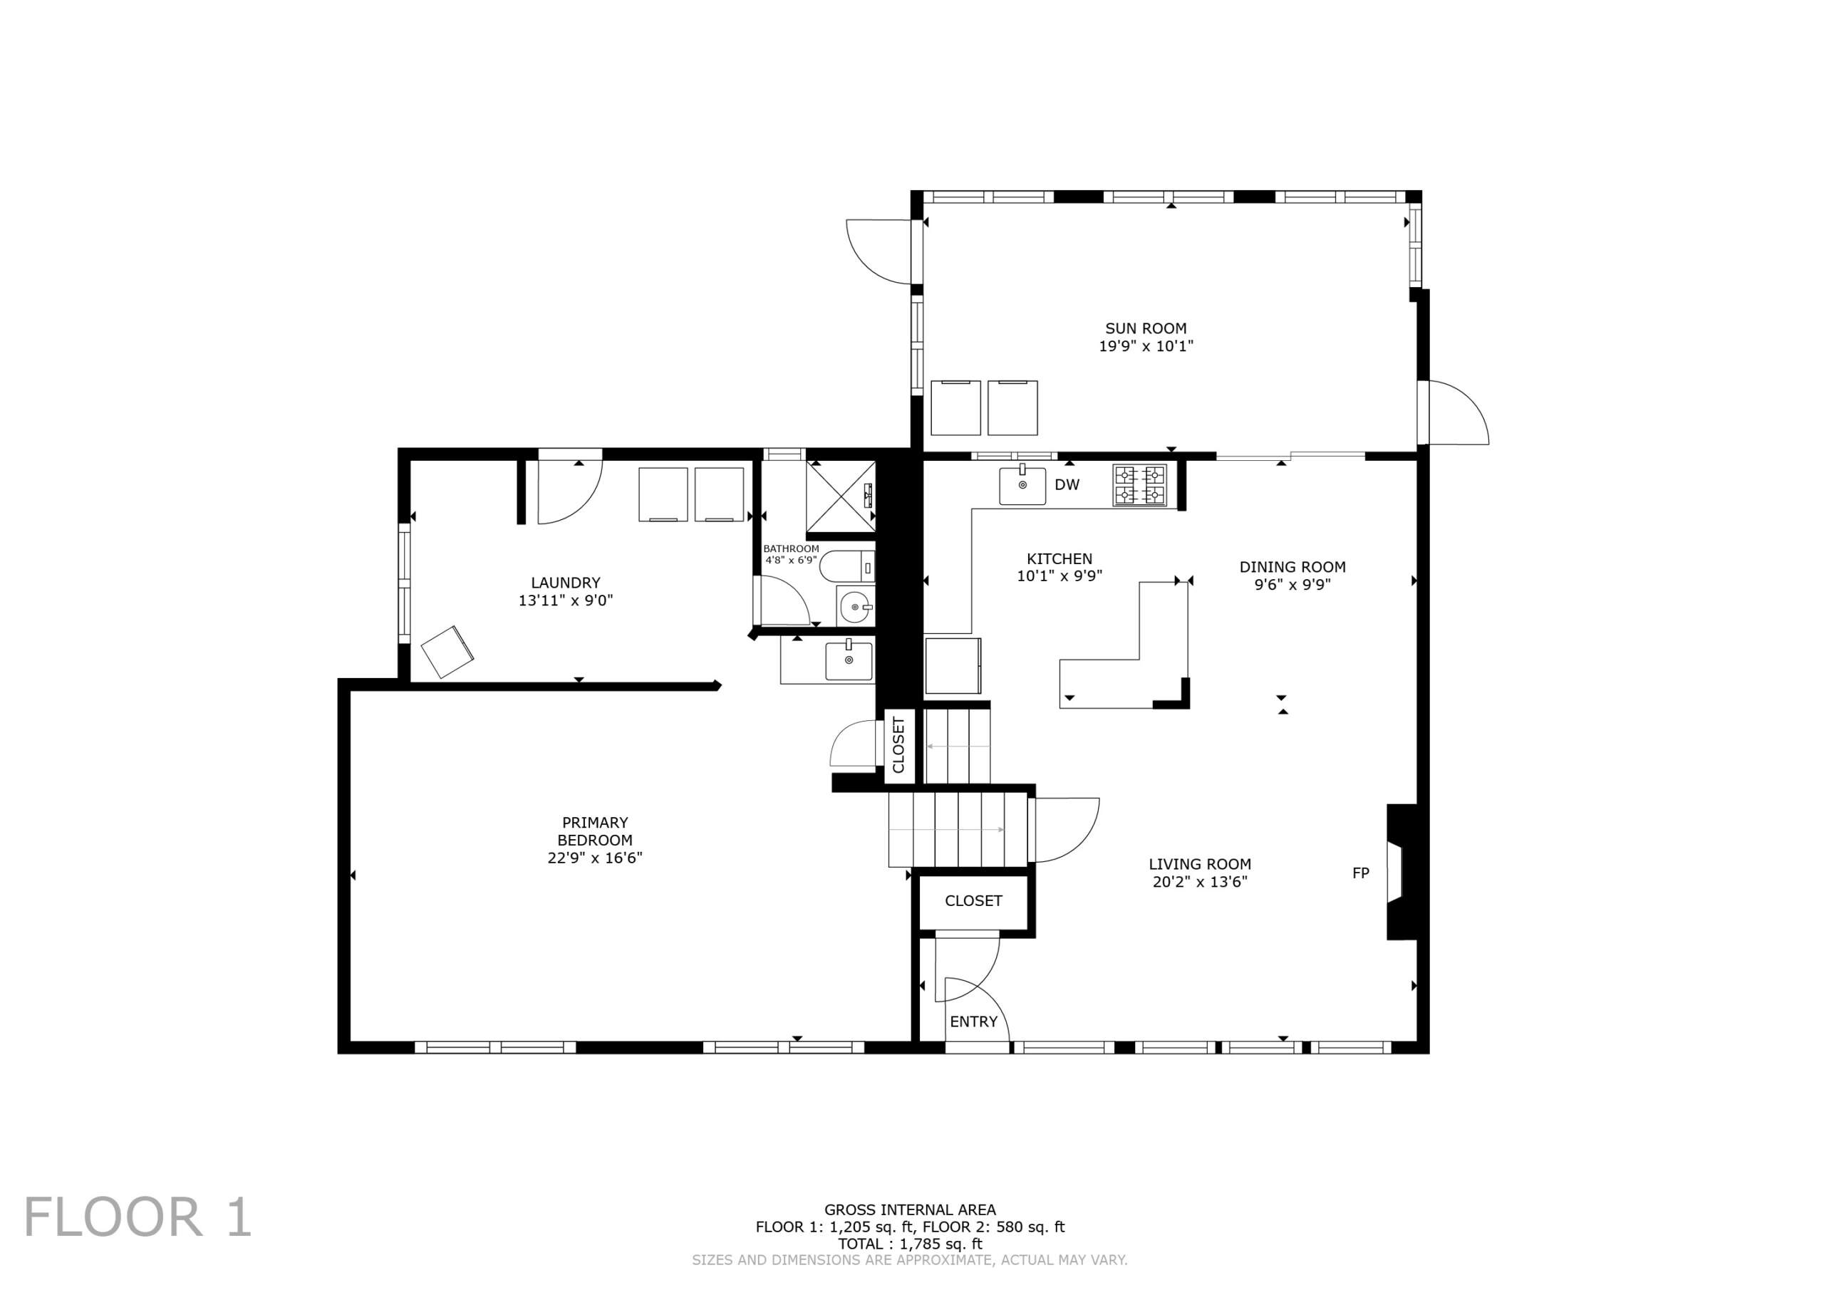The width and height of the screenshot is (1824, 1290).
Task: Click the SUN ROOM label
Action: click(1146, 328)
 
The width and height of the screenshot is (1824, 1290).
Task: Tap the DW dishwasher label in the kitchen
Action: click(1067, 484)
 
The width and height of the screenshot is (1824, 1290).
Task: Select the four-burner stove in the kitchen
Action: click(1140, 485)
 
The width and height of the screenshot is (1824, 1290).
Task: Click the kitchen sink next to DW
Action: click(1022, 485)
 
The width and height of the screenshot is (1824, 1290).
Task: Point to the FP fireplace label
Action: click(1361, 873)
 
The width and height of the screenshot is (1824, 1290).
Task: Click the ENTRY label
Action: click(973, 1021)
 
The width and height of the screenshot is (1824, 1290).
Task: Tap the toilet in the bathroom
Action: click(847, 568)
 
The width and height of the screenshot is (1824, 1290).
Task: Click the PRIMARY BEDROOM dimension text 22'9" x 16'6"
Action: click(595, 858)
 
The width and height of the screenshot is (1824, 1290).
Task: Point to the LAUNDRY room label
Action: click(566, 582)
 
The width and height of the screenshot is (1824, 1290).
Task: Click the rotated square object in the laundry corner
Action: click(447, 651)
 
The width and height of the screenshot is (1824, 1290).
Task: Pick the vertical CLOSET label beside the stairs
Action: click(898, 745)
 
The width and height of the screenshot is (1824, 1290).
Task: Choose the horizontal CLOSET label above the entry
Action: click(973, 901)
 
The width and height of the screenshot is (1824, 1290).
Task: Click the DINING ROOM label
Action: click(1292, 567)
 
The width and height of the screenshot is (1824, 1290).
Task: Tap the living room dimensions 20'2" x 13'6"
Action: click(1200, 882)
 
